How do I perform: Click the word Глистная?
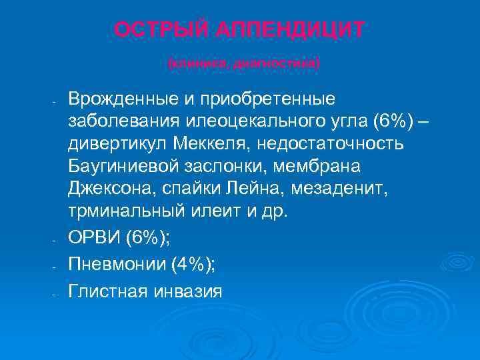[x=107, y=291]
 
